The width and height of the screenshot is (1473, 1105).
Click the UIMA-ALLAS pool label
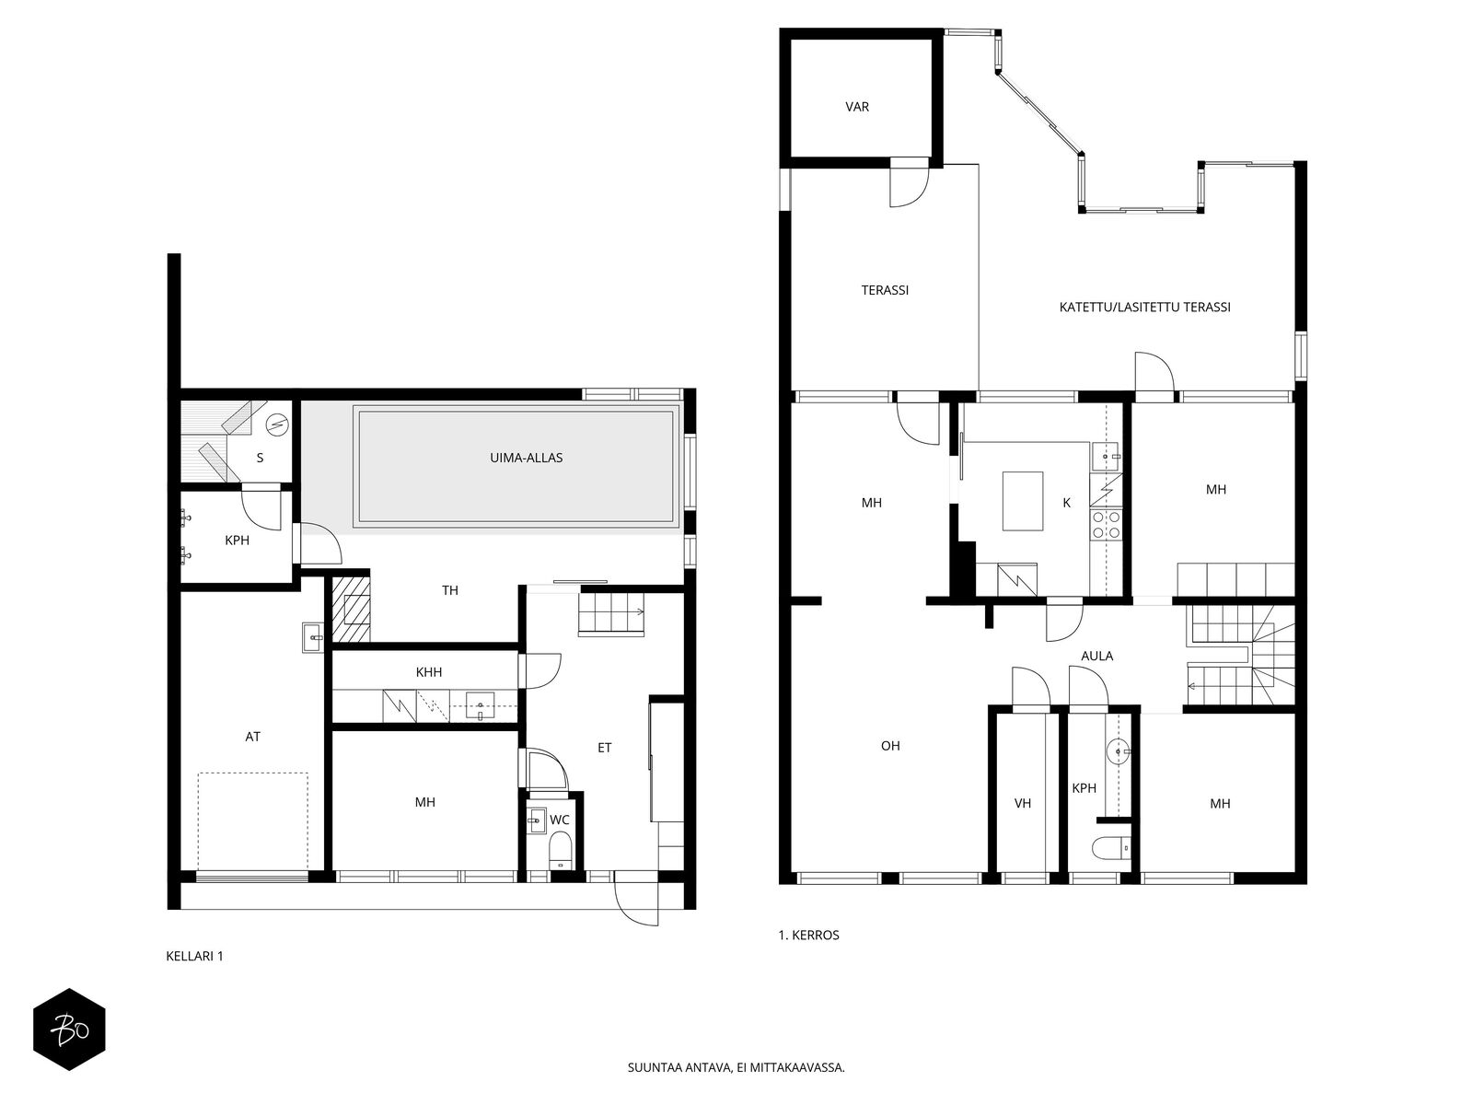(526, 458)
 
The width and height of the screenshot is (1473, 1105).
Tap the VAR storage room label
(857, 107)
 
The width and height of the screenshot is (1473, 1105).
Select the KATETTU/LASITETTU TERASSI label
(1144, 308)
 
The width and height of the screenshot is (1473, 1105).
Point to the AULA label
(1096, 657)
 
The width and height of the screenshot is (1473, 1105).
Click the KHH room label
(429, 672)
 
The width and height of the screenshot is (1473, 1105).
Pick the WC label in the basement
(559, 820)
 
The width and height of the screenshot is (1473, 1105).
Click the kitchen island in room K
(1023, 501)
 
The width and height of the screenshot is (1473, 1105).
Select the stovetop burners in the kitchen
(1106, 525)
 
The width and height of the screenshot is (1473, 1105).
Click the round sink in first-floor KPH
(1118, 751)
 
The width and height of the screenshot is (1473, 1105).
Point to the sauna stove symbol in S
(277, 424)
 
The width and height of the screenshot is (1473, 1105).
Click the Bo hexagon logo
(69, 1029)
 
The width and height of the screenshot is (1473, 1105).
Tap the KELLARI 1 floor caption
(194, 956)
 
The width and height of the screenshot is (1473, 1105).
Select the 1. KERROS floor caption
(808, 936)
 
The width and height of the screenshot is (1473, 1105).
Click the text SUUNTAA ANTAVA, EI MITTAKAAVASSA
(736, 1067)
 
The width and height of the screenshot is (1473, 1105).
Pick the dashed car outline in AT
(252, 822)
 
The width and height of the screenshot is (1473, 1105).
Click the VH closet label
(1022, 803)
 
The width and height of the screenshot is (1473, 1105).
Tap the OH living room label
(890, 745)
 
